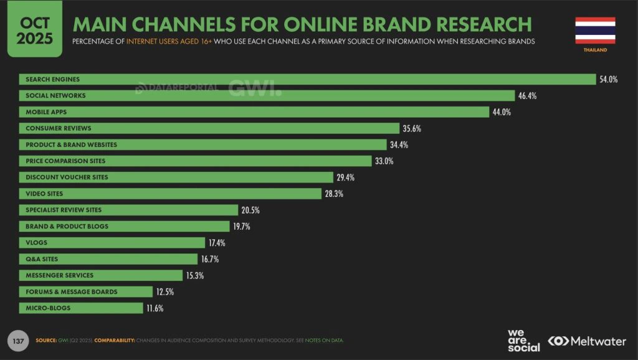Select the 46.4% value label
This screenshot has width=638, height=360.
[527, 96]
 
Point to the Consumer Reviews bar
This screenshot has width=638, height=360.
[209, 128]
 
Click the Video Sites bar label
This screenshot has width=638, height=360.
[44, 194]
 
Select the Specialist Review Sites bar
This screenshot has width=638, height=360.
[128, 210]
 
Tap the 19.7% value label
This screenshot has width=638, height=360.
[241, 227]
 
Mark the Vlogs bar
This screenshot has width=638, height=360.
[112, 242]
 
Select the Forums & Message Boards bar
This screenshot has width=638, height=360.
[85, 291]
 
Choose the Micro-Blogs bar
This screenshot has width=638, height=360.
[81, 308]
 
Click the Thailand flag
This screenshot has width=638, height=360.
[595, 31]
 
